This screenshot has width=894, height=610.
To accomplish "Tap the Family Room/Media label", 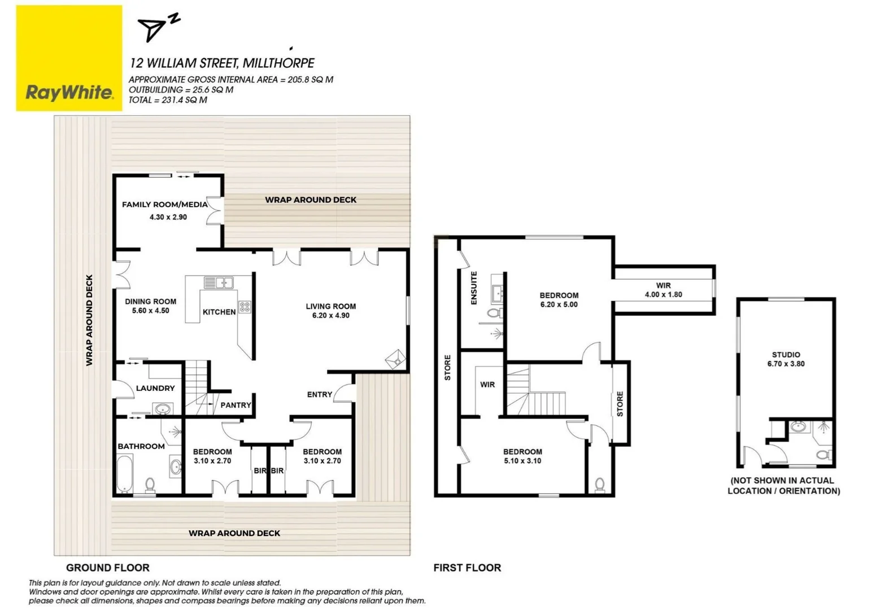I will click(x=164, y=204).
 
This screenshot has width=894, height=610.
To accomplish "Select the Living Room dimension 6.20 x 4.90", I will click(x=330, y=316).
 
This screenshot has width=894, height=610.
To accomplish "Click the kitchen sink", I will click(x=218, y=282).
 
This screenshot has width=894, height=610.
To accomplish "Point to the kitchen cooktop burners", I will click(x=245, y=307).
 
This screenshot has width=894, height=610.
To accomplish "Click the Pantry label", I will click(x=236, y=405).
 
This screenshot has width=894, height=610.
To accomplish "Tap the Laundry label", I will click(x=155, y=388).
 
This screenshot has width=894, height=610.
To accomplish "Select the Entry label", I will click(x=319, y=394).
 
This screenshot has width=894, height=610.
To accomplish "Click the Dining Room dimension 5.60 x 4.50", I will click(x=150, y=311).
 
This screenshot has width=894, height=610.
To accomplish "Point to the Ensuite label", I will click(x=474, y=288).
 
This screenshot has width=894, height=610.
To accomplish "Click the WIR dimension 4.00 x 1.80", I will click(x=663, y=294).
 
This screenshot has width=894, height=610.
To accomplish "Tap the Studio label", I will click(x=786, y=355).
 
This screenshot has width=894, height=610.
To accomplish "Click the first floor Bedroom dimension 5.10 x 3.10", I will click(x=522, y=461).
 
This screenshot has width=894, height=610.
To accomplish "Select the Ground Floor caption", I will click(x=107, y=568).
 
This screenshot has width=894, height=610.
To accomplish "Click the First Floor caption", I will click(x=467, y=568).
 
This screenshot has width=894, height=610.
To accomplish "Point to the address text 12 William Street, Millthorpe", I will click(x=222, y=63).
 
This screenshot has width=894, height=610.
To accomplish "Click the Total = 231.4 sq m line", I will click(x=168, y=100).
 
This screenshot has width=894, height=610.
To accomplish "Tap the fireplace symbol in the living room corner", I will click(x=395, y=358).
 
